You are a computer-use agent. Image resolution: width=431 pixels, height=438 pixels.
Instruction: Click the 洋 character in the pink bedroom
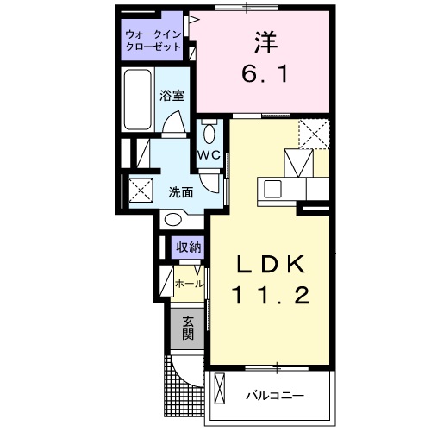(262, 41)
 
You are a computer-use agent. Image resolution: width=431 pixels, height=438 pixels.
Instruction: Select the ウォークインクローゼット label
(153, 41)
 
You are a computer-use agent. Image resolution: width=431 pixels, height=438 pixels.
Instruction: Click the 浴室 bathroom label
(172, 97)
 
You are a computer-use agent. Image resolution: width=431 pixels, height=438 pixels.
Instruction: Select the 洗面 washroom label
(179, 191)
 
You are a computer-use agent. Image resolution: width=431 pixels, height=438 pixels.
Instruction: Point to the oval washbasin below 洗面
(173, 220)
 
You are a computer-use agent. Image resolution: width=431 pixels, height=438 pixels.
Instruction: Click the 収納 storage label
(189, 247)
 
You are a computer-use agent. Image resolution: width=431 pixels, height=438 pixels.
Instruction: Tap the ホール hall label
(189, 283)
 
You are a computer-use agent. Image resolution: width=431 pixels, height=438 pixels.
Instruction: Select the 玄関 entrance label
(188, 328)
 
